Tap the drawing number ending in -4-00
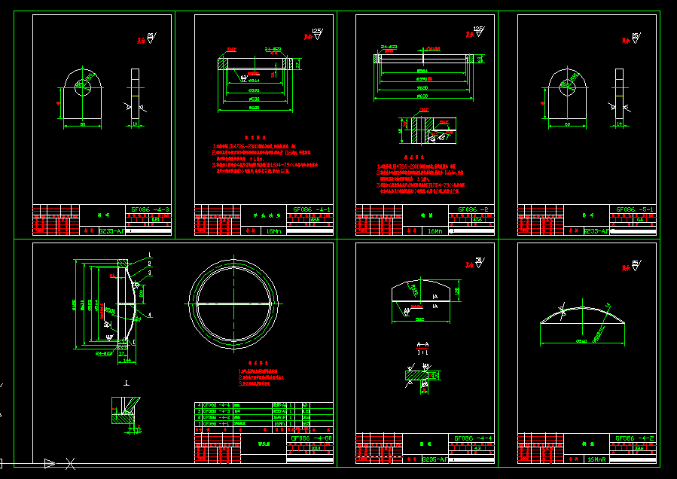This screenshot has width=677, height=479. tap(311, 438)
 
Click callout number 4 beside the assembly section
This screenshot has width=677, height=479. tap(150, 313)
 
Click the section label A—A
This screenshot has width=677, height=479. tap(422, 343)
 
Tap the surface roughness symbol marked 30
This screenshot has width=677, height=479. tap(477, 261)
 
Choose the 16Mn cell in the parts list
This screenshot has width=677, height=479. tap(280, 424)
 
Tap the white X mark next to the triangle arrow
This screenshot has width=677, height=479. tap(70, 462)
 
